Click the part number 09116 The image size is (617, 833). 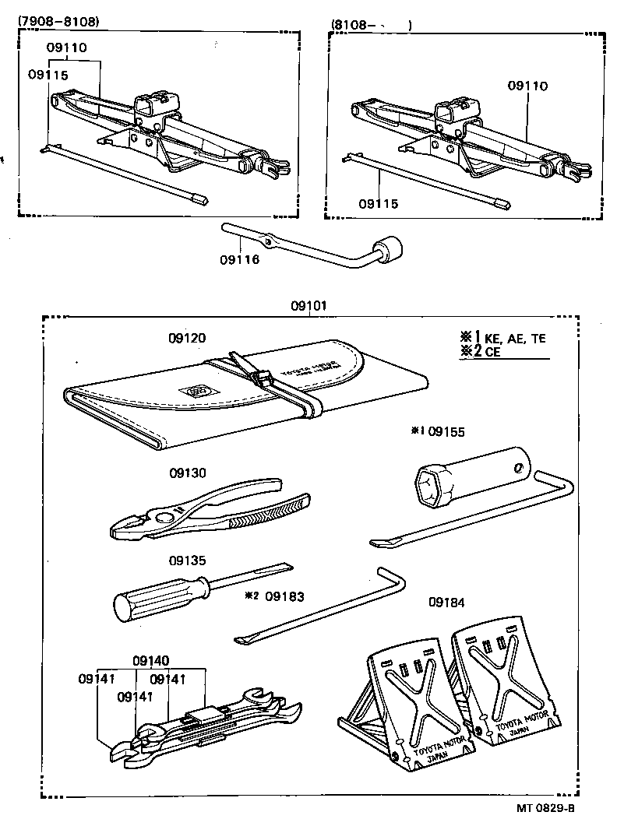coord(240,259)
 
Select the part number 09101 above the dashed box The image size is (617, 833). coord(308,307)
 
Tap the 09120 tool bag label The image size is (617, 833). coord(187,339)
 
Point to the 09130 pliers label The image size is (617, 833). coord(187,473)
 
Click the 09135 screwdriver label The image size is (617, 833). coord(187,559)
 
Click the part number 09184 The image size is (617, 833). coord(447,602)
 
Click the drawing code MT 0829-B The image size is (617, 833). coord(545,809)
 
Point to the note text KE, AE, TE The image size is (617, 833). coord(516,338)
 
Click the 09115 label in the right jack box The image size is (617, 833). coord(379,204)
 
